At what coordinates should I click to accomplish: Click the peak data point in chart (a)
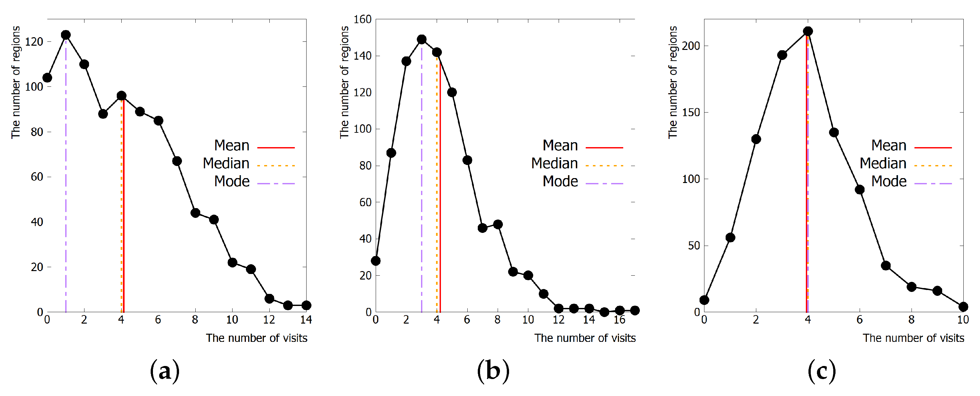[x=66, y=35]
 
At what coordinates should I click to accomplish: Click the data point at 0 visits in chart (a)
[x=47, y=78]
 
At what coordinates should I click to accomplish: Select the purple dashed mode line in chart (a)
[x=66, y=190]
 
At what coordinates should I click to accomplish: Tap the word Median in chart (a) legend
[x=226, y=163]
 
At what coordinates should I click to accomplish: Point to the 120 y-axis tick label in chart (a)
[x=34, y=41]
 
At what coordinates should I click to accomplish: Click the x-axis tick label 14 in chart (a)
[x=306, y=320]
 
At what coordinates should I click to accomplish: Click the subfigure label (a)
[x=164, y=371]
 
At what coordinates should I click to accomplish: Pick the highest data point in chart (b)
[x=422, y=39]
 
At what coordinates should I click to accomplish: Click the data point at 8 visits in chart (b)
[x=498, y=224]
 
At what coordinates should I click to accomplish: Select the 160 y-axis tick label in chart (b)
[x=362, y=19]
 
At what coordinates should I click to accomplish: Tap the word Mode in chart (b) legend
[x=560, y=181]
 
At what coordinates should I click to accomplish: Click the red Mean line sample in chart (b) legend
[x=604, y=147]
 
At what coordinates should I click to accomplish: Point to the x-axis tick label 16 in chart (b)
[x=619, y=320]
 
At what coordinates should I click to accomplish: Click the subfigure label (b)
[x=493, y=371]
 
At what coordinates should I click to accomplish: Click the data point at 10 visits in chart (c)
[x=963, y=307]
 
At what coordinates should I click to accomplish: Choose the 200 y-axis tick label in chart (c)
[x=691, y=46]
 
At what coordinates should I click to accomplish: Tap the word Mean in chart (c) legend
[x=889, y=145]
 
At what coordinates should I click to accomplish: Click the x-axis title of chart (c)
[x=913, y=338]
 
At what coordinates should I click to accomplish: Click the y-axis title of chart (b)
[x=344, y=82]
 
